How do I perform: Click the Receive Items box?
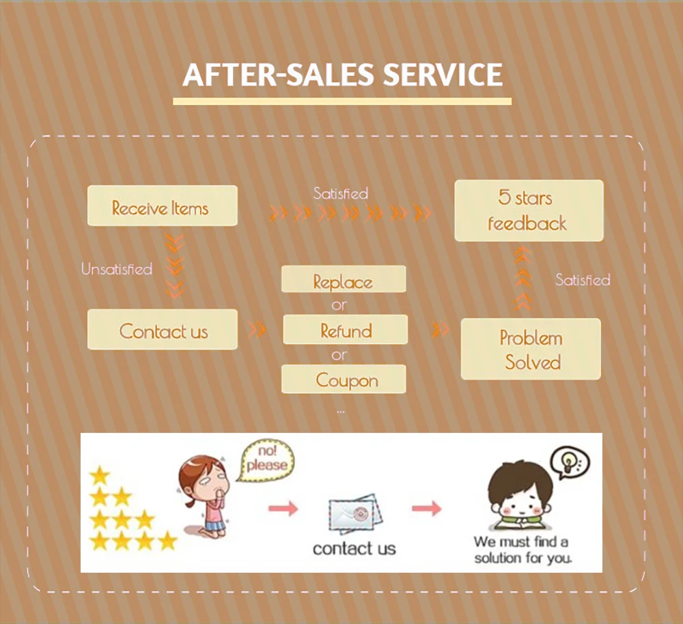point(162,206)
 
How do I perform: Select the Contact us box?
point(163,330)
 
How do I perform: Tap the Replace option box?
point(344,280)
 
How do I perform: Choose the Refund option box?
point(346,330)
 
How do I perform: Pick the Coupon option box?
point(345,380)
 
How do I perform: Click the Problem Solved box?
point(531,350)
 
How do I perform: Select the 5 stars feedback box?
point(529,211)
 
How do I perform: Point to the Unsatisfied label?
point(117,269)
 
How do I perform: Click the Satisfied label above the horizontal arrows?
point(340,194)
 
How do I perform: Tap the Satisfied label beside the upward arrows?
point(582,280)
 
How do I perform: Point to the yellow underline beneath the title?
point(341,102)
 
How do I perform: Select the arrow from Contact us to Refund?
point(257,330)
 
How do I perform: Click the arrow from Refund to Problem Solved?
point(441,330)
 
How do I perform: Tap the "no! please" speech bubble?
point(268,460)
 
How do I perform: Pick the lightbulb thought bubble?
point(569,462)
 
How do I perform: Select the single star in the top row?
point(100,474)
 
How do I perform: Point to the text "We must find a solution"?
point(522,550)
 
